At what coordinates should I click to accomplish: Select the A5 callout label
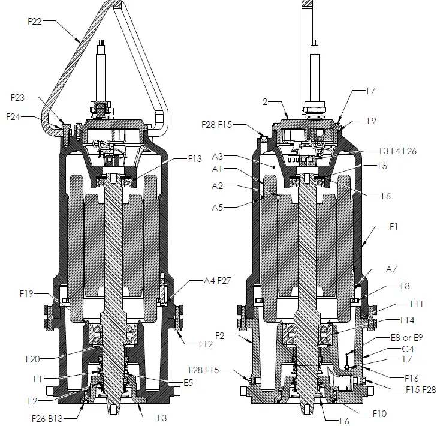pyautogui.click(x=218, y=208)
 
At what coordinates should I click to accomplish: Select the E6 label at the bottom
pyautogui.click(x=345, y=421)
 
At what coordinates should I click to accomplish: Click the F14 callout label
pyautogui.click(x=407, y=320)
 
